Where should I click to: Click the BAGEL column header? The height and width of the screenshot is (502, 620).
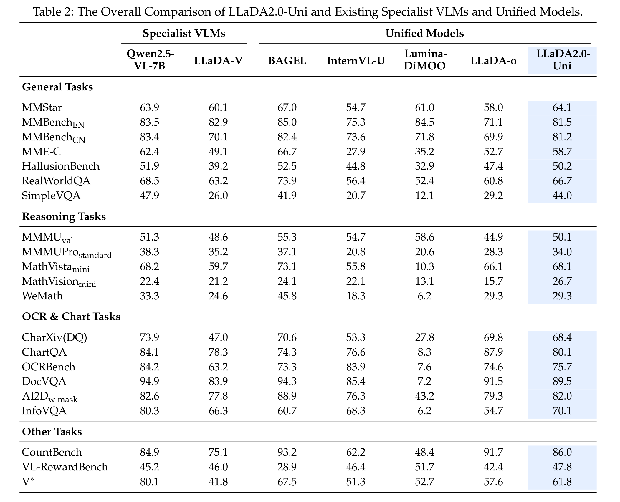point(287,61)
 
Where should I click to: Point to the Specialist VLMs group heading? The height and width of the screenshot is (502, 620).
point(184,33)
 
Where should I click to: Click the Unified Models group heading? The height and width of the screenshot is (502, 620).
point(424,33)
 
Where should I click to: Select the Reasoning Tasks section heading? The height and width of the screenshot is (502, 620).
point(64,216)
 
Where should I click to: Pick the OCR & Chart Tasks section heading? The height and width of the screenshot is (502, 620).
point(71,317)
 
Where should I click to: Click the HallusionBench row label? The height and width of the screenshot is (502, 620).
point(61,166)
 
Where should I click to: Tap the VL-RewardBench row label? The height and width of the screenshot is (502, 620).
point(65,467)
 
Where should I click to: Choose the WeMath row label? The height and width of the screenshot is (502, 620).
point(42,296)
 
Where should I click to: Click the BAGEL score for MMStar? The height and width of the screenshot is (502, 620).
point(287,107)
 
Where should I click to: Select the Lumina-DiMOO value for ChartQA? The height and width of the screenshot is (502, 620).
point(424,352)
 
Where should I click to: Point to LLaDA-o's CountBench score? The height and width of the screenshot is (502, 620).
point(493,452)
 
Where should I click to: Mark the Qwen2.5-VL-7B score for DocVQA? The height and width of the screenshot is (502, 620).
point(150,381)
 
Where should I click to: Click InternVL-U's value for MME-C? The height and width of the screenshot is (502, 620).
point(356,152)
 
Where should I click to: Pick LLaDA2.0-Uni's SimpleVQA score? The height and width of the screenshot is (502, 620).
point(562,196)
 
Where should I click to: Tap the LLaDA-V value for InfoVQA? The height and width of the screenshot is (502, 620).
point(218,411)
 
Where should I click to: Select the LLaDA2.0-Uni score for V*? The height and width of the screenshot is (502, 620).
point(562,482)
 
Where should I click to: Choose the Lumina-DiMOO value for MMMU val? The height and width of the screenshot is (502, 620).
point(424,237)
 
